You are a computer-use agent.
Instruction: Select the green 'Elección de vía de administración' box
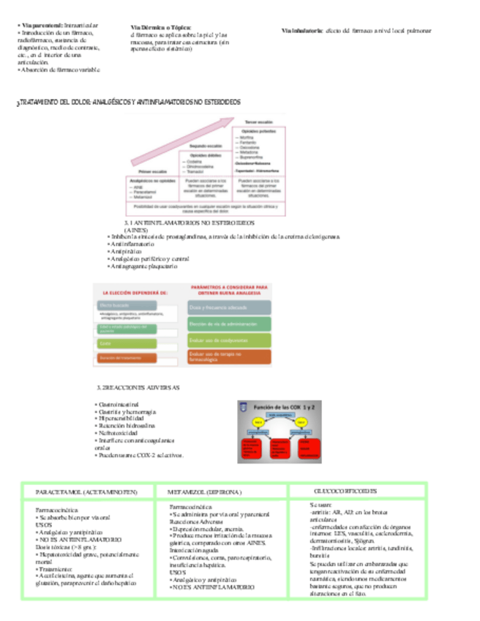click(229, 324)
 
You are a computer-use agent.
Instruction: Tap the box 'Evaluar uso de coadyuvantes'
click(229, 341)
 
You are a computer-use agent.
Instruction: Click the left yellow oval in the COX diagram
click(258, 423)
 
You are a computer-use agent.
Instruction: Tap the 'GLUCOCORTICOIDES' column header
click(345, 490)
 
